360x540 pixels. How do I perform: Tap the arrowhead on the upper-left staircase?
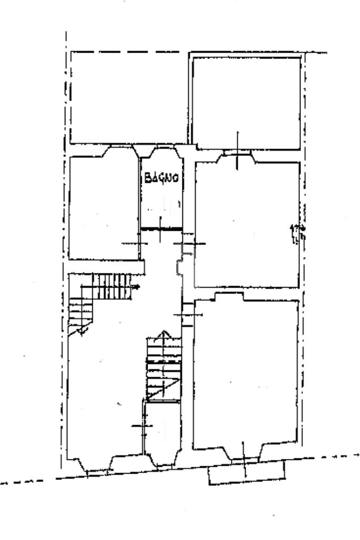138,287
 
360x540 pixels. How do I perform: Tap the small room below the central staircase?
162,429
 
